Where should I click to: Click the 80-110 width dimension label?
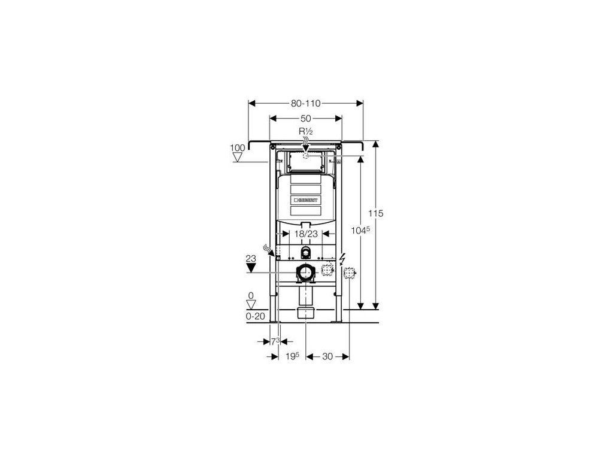click(x=305, y=103)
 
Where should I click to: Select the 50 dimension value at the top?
click(x=305, y=118)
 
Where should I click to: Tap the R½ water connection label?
click(x=305, y=131)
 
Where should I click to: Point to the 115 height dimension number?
click(x=376, y=213)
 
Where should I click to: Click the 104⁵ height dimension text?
click(x=360, y=231)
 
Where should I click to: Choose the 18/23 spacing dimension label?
click(x=306, y=234)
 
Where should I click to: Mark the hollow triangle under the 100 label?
click(x=237, y=158)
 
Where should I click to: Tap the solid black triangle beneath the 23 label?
click(x=251, y=268)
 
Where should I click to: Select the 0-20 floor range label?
click(x=255, y=316)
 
